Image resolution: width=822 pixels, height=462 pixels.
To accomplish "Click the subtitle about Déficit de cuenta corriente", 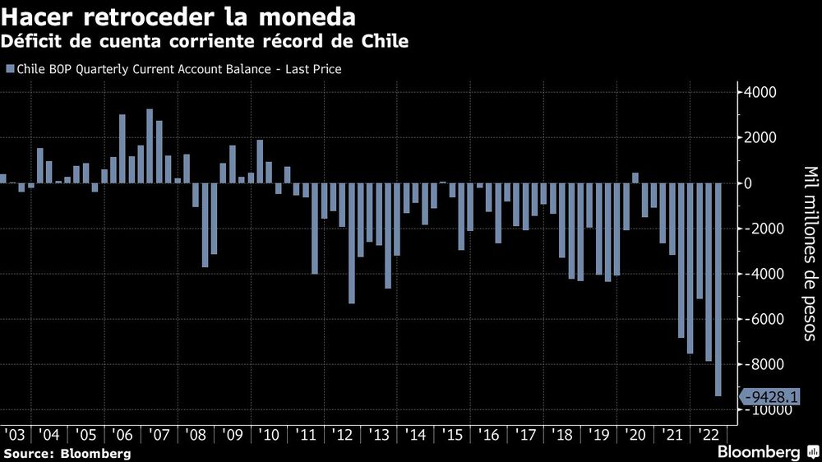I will [x=205, y=41].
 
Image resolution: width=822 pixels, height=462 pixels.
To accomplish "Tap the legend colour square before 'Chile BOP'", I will [x=9, y=70].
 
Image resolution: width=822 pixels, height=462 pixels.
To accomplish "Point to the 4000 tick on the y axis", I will [x=761, y=92].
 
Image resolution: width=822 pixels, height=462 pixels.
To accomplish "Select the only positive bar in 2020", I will [x=635, y=178].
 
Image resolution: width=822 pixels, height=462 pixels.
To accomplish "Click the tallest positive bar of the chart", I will [x=150, y=146].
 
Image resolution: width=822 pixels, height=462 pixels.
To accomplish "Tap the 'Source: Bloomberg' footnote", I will [x=67, y=453].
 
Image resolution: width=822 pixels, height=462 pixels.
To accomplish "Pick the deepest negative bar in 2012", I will [x=352, y=243].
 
